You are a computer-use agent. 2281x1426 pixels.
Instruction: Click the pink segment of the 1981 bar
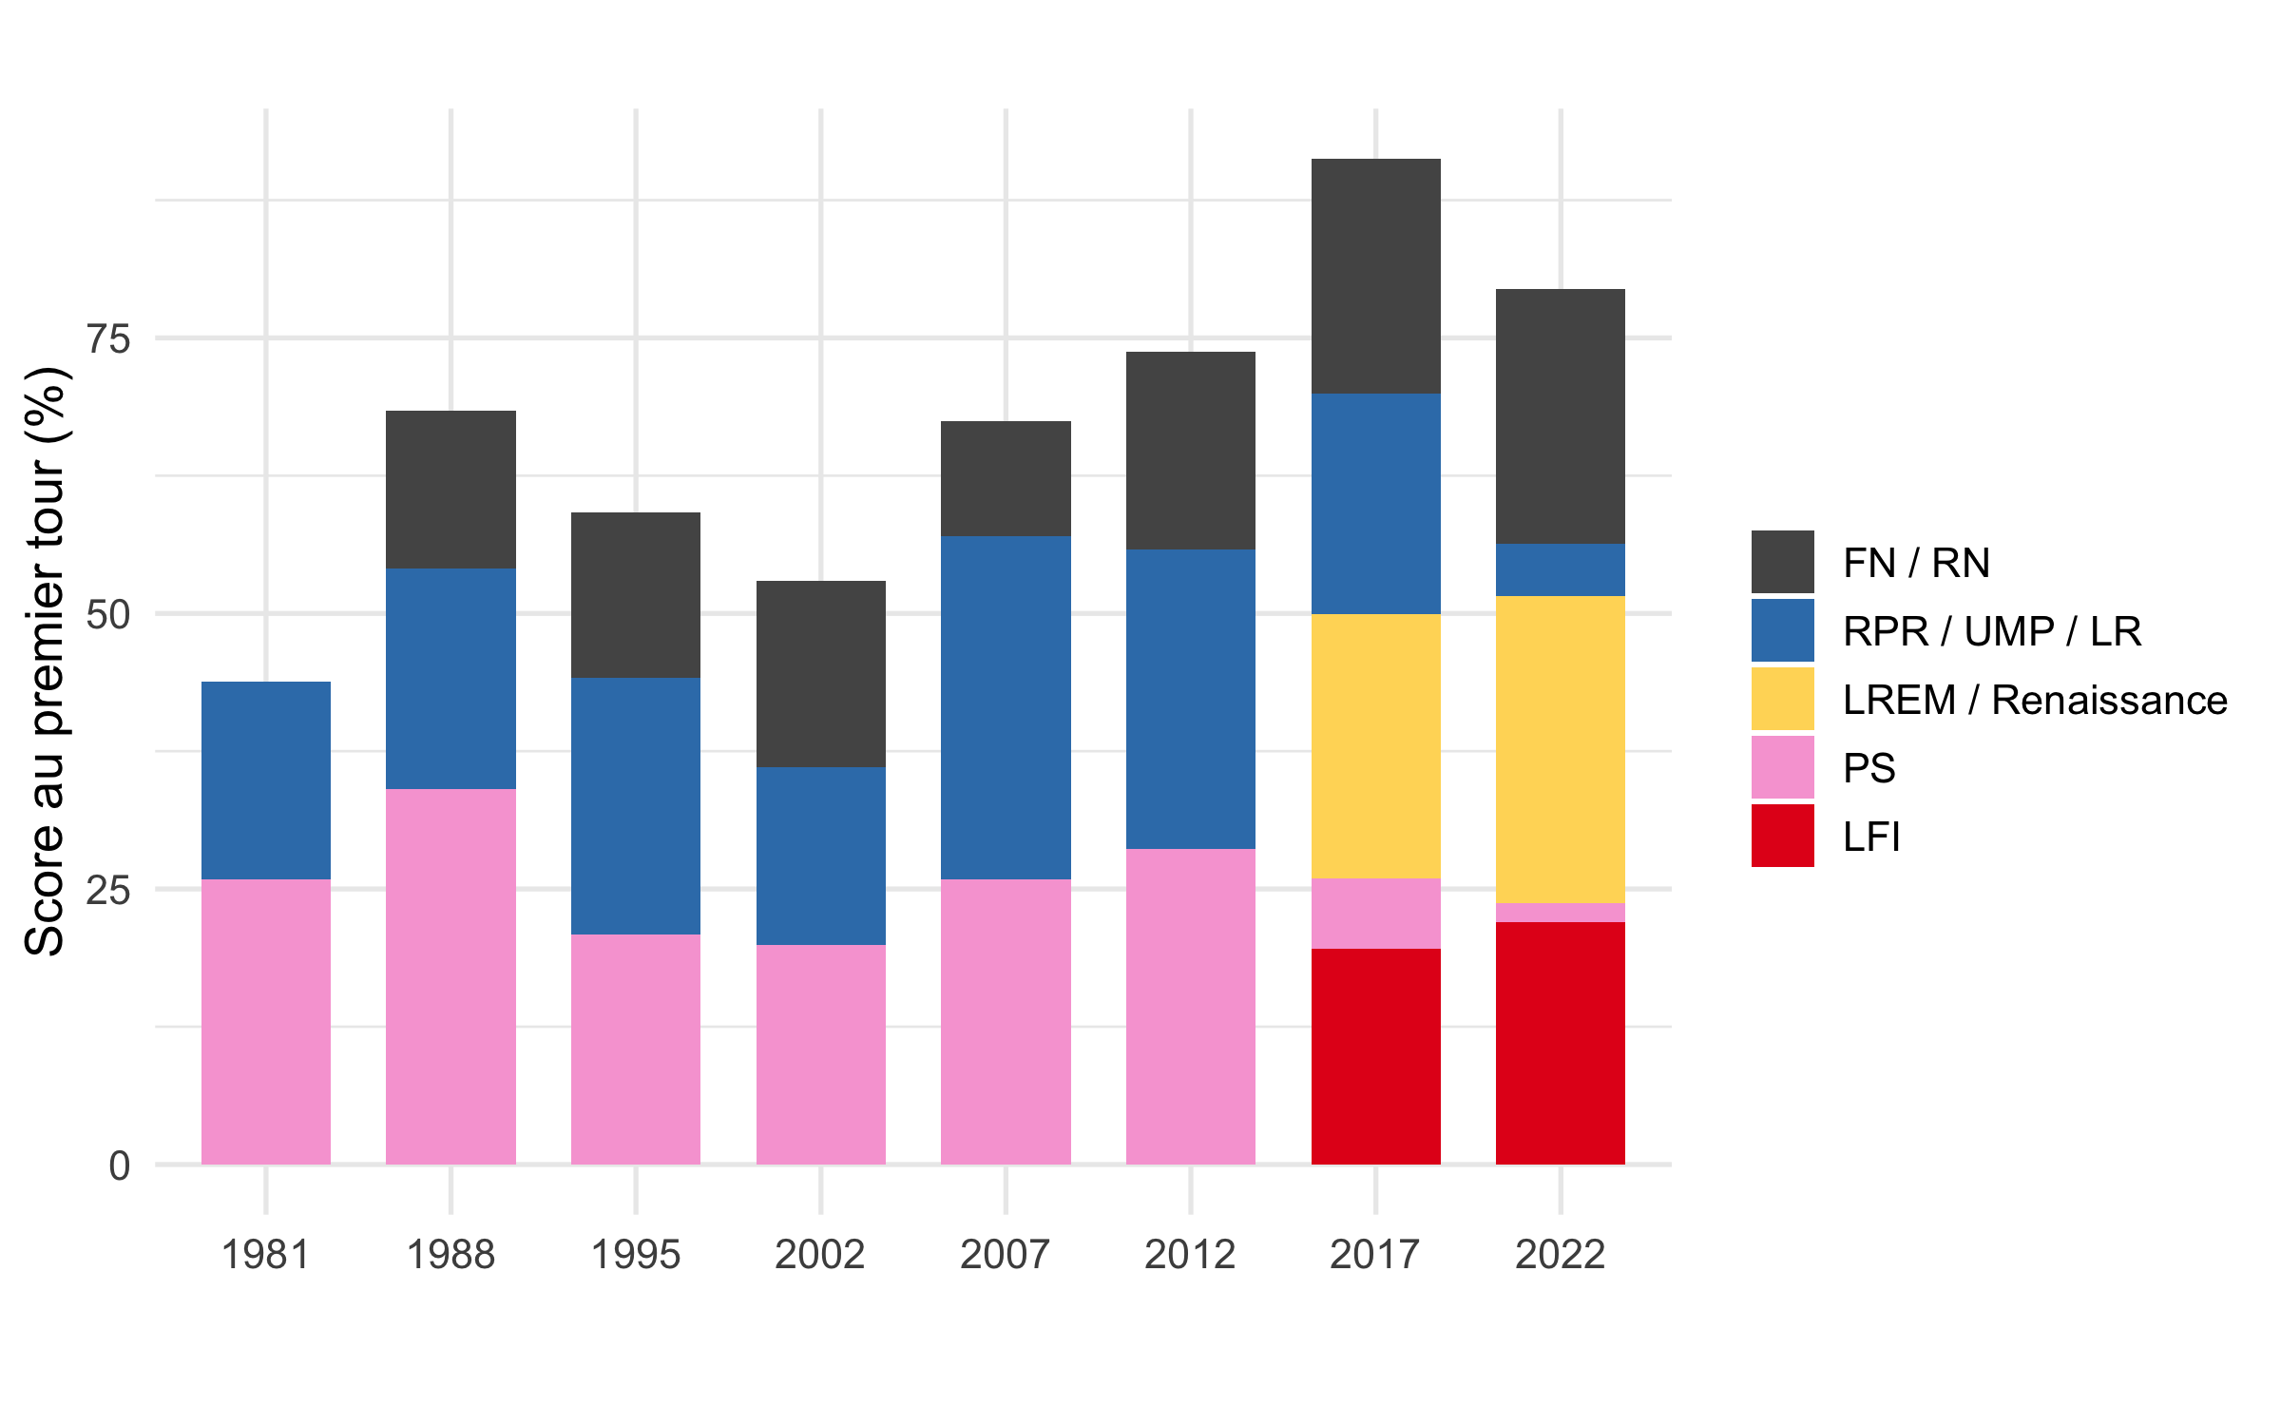coord(266,1022)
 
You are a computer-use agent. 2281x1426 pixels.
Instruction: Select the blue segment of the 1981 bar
coord(266,780)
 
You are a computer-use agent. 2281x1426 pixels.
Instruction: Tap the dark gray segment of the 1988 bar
coord(450,490)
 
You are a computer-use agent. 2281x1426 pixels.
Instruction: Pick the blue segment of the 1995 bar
coord(636,806)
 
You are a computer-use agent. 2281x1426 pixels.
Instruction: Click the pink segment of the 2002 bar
coord(821,1054)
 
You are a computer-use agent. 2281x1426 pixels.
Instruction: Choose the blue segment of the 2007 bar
coord(1006,707)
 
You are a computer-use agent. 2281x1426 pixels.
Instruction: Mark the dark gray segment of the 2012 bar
coord(1191,451)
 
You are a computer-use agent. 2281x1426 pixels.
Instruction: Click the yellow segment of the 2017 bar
coord(1376,746)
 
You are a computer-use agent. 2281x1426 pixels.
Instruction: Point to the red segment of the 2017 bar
coord(1376,1056)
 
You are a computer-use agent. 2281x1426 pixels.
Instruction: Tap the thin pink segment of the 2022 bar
coord(1561,913)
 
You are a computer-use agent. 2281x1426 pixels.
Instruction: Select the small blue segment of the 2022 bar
coord(1561,570)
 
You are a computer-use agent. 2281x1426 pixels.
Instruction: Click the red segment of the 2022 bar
coord(1561,1043)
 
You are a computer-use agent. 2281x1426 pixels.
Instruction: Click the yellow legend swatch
coord(1783,699)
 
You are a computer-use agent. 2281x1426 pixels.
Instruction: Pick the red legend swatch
coord(1783,836)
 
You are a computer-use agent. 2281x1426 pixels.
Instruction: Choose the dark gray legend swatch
coord(1783,562)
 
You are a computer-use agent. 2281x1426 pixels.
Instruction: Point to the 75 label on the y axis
coord(108,339)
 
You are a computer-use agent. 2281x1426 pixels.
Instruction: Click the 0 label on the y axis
coord(119,1166)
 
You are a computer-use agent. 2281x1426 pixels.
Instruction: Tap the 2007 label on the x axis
coord(1006,1255)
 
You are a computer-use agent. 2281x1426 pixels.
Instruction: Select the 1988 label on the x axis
coord(450,1255)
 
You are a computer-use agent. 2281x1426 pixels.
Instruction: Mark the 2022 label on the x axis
coord(1561,1255)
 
